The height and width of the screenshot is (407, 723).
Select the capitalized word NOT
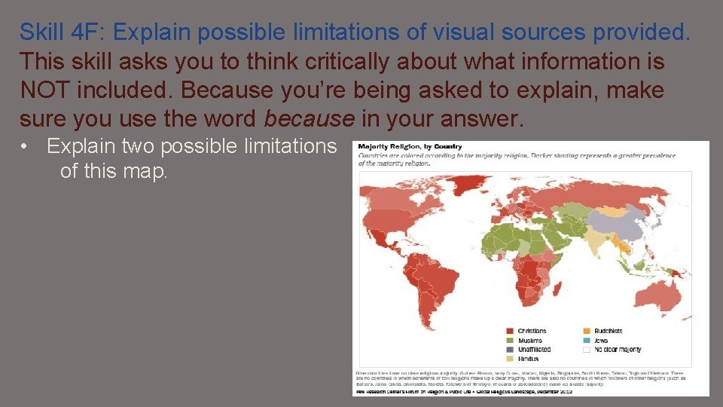point(44,90)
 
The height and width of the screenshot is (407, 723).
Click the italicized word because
point(308,118)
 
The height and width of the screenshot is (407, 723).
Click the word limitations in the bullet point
point(289,145)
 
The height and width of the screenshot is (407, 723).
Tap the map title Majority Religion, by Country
point(410,146)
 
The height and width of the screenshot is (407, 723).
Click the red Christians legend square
point(510,331)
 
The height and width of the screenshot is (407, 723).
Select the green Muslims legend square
point(510,340)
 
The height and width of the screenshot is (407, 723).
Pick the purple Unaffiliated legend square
point(510,349)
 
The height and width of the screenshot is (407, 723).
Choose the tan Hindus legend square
point(510,359)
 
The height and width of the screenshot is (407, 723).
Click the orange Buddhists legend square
point(587,331)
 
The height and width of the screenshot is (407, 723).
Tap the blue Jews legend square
point(587,340)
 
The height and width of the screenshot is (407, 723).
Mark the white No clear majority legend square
point(587,349)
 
